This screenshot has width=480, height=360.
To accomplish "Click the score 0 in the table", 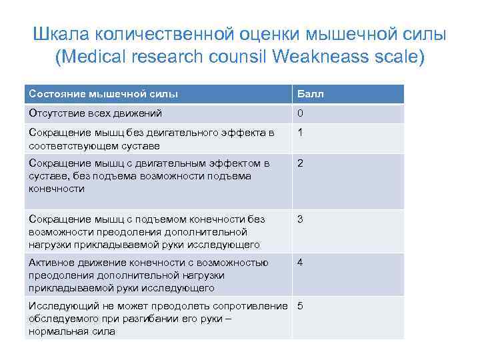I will click(x=300, y=113).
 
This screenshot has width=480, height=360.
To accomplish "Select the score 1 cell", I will click(x=300, y=133).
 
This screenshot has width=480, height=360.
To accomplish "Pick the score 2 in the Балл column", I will click(x=300, y=163).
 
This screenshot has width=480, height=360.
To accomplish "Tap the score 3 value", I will click(x=300, y=219).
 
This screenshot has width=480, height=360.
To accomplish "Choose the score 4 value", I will click(x=300, y=262).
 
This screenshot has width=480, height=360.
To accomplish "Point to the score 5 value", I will click(x=300, y=306).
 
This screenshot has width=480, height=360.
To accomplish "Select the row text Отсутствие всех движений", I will click(x=95, y=113).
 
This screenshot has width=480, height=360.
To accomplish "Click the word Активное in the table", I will click(x=52, y=262).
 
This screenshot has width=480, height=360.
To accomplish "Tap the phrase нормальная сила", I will click(x=72, y=331).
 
